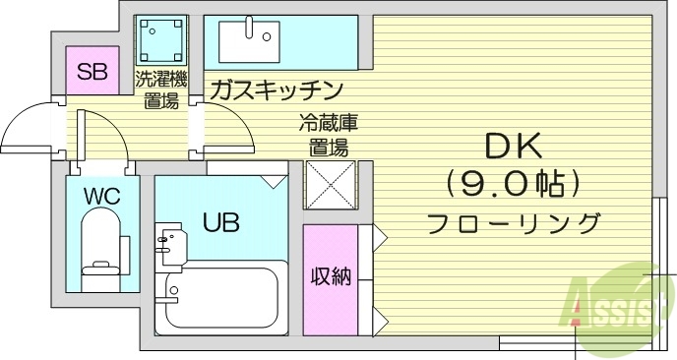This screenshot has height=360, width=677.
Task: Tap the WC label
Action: [x=100, y=195]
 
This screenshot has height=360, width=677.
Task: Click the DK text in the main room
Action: [x=512, y=147]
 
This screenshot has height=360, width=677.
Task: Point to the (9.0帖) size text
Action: [x=512, y=183]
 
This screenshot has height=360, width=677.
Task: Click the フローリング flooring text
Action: [x=513, y=223]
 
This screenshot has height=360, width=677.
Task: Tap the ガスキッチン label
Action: [x=275, y=91]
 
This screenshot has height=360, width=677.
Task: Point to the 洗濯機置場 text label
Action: [x=160, y=90]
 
